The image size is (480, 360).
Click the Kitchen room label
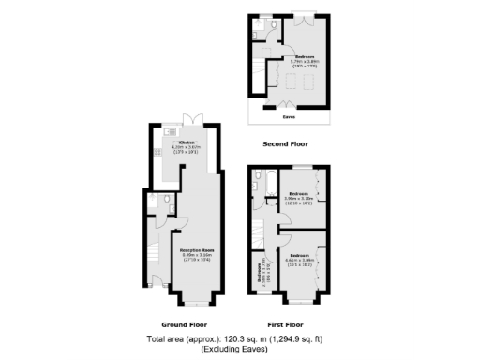[x=188, y=142]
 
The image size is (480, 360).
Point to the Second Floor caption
[x=285, y=143]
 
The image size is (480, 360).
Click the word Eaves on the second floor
[x=289, y=118]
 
